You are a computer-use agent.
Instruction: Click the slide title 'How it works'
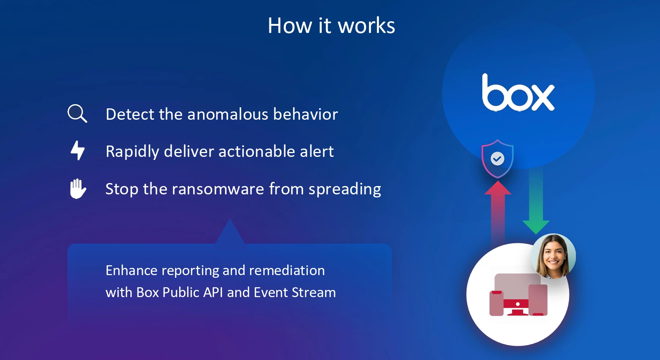332,26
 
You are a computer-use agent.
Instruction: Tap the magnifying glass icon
77,113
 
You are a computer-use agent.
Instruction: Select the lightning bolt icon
78,150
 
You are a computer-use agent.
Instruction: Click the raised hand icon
78,188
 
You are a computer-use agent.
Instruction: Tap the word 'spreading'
345,189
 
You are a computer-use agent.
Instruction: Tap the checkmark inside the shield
497,158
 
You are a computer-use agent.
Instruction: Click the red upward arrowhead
498,188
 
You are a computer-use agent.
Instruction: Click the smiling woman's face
553,256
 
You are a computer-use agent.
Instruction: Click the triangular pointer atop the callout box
230,232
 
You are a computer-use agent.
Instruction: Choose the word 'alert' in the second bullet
317,152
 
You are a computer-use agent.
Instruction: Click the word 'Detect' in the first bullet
130,114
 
